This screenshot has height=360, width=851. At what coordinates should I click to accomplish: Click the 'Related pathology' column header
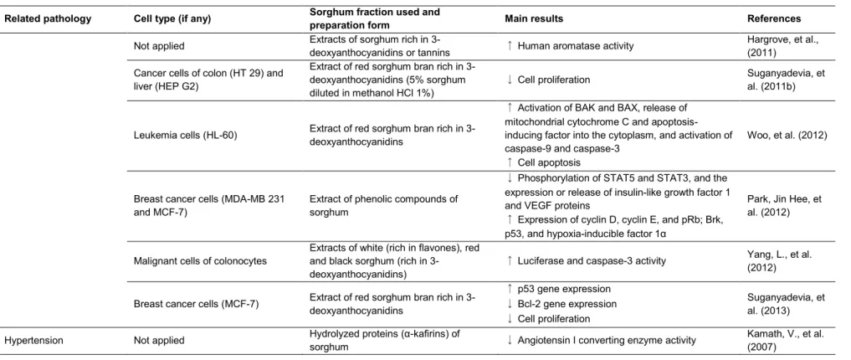[x=48, y=19]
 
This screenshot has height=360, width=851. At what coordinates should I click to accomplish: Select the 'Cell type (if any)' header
[x=172, y=19]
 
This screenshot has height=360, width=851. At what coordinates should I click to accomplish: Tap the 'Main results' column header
[x=534, y=19]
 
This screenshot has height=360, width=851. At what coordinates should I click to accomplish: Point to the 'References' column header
[x=774, y=19]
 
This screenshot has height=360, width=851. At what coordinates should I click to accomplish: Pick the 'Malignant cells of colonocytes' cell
[x=200, y=260]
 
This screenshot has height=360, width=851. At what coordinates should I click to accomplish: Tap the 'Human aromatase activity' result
[x=576, y=46]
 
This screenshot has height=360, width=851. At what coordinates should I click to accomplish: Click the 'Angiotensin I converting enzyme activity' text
[x=607, y=341]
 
